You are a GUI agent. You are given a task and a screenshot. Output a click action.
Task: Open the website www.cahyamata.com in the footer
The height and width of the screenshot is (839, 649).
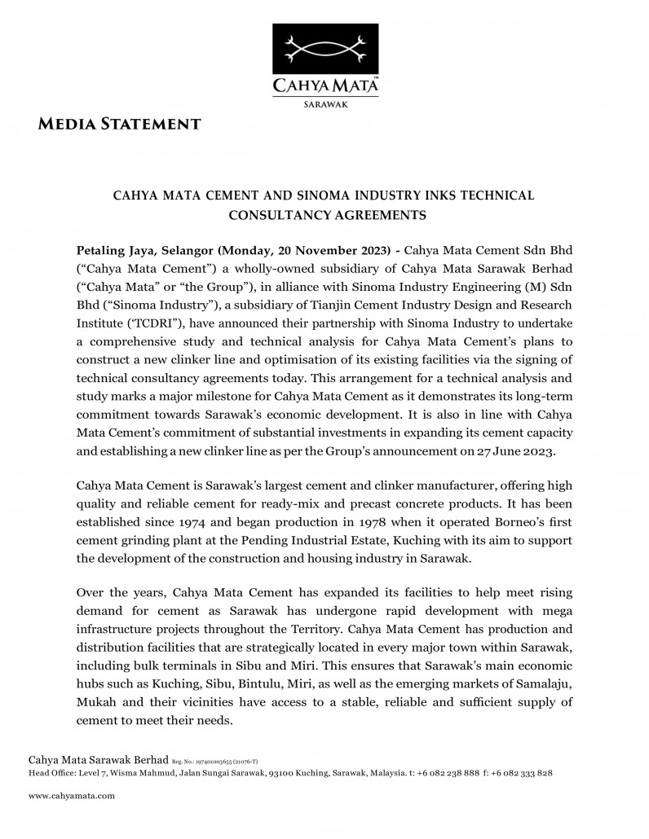pos(72,796)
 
